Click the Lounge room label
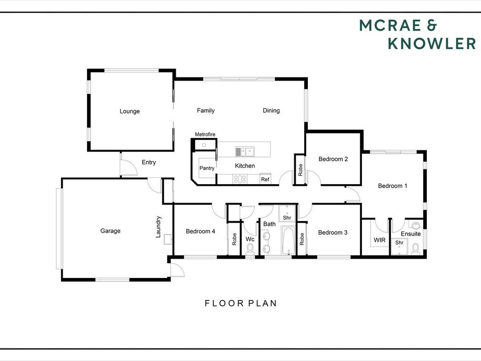(129, 111)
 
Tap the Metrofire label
(205, 134)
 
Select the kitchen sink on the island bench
(245, 152)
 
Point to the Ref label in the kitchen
(265, 179)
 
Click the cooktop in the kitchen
(240, 179)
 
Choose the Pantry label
(207, 168)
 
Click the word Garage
(110, 231)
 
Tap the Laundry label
(158, 227)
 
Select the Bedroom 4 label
(200, 231)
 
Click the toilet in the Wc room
(250, 249)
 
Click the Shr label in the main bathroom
(287, 218)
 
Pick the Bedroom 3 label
(333, 232)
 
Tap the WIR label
(380, 240)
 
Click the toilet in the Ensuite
(416, 249)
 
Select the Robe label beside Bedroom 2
(301, 170)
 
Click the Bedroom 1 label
(393, 186)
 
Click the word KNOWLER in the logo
(432, 43)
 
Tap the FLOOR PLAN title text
(241, 303)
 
